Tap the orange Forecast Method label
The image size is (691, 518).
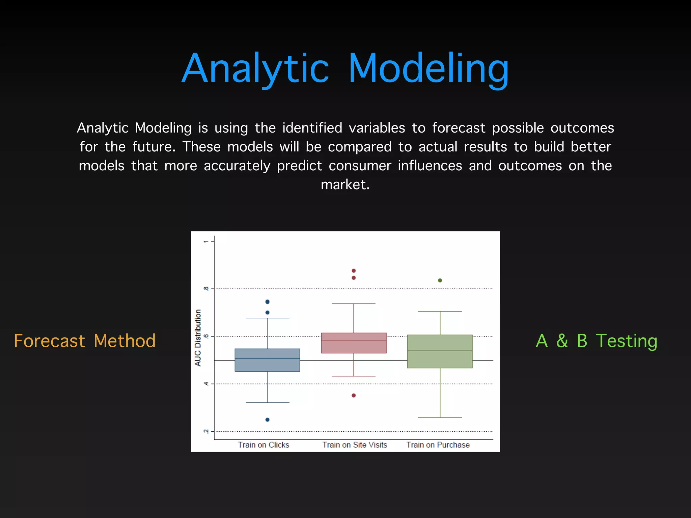click(85, 341)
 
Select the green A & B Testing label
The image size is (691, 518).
click(596, 341)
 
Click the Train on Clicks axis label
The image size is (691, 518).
click(264, 445)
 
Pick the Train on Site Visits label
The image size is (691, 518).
click(355, 445)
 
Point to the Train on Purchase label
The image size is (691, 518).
click(438, 445)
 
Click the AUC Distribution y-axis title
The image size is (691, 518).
click(198, 338)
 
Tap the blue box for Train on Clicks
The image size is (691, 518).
click(267, 360)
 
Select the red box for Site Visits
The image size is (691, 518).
click(354, 343)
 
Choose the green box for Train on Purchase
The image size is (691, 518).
click(440, 351)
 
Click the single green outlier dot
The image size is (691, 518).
click(440, 280)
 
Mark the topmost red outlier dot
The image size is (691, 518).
click(354, 270)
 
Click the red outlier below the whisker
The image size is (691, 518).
click(354, 395)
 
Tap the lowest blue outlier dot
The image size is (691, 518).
click(267, 420)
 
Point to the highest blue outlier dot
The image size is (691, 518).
click(267, 301)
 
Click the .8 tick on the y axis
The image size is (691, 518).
click(205, 289)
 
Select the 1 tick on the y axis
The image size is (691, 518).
click(205, 241)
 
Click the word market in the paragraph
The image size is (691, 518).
click(345, 184)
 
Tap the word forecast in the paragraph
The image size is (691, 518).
click(459, 128)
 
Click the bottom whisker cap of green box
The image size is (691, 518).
click(440, 418)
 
